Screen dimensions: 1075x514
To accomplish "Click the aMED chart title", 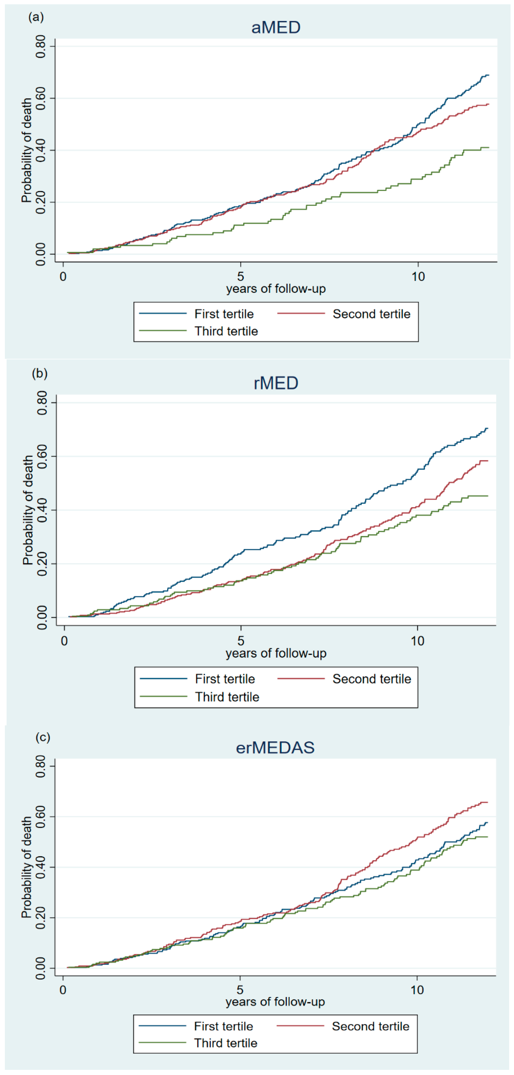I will pyautogui.click(x=276, y=28).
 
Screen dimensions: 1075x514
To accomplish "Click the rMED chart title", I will pyautogui.click(x=276, y=383).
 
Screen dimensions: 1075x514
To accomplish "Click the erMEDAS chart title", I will pyautogui.click(x=275, y=747).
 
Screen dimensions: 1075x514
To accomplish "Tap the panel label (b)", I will pyautogui.click(x=40, y=373).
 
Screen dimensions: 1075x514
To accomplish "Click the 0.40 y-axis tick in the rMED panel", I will pyautogui.click(x=42, y=510).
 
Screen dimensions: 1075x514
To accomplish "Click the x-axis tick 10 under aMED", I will pyautogui.click(x=418, y=276).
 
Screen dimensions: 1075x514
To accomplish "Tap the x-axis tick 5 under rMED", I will pyautogui.click(x=241, y=640).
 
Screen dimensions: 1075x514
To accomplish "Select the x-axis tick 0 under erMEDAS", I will pyautogui.click(x=63, y=990).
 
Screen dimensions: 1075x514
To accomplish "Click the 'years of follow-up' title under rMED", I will pyautogui.click(x=276, y=653).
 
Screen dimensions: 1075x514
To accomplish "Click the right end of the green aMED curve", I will pyautogui.click(x=488, y=147).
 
